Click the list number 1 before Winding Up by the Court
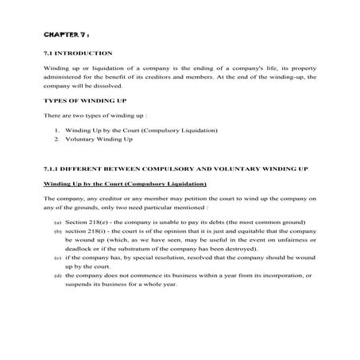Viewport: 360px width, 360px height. (57, 130)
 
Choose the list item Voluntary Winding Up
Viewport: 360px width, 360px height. (99, 139)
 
